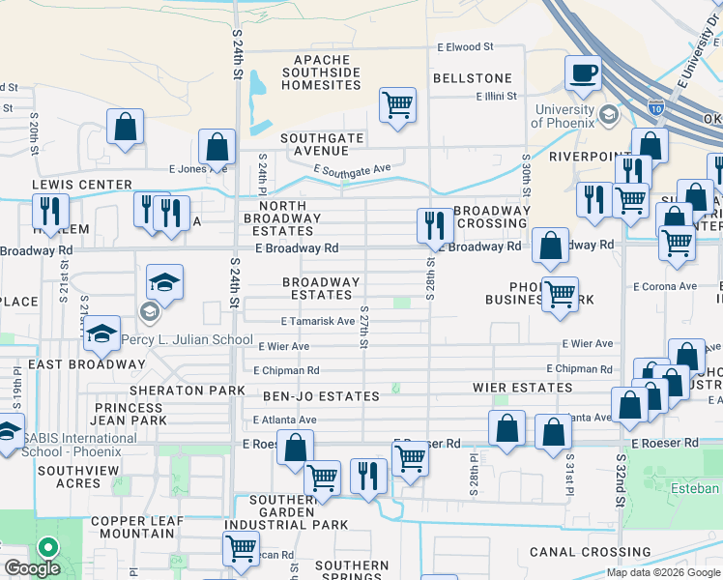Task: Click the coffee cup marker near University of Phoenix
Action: [583, 74]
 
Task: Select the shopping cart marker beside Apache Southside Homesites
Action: [397, 104]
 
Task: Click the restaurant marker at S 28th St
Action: [432, 226]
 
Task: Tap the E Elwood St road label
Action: [465, 46]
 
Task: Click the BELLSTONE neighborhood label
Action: [472, 77]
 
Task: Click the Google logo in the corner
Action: [33, 568]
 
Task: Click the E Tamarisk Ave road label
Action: [318, 321]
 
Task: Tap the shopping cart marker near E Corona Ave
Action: [560, 295]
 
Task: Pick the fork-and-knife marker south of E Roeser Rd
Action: [368, 477]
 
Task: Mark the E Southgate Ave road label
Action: [352, 170]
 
